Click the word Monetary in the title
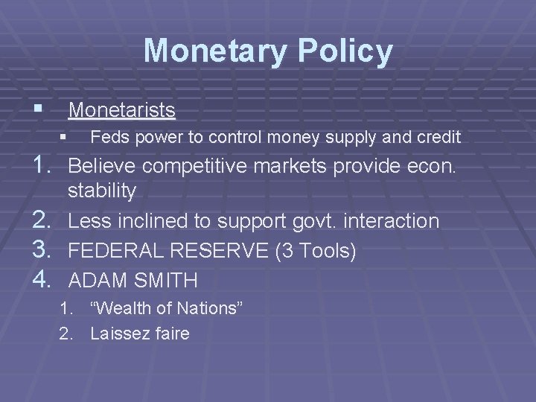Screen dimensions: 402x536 (x=211, y=51)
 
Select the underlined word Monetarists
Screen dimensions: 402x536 (x=122, y=110)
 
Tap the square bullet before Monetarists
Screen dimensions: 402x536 (x=48, y=109)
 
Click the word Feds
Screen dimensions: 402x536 (x=106, y=137)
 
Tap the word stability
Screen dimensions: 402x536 (x=102, y=191)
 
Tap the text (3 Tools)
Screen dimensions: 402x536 (x=316, y=251)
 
